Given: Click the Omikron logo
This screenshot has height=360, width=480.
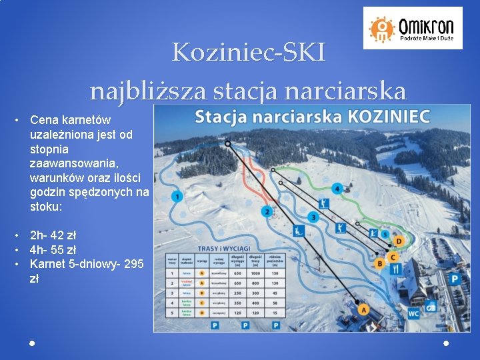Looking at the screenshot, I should point(413,28).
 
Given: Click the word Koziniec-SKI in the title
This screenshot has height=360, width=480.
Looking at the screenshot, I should point(249,52).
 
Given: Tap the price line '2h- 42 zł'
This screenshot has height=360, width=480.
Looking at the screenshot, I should point(53,235).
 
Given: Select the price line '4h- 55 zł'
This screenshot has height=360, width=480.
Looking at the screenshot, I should point(53,250).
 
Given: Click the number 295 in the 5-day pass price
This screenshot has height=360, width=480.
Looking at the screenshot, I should point(133,264).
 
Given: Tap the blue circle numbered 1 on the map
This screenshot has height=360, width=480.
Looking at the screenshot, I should point(177,196).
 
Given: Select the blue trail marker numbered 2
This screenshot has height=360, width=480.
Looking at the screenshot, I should point(267,212).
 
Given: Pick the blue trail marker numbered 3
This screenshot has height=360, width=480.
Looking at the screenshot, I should point(313,217).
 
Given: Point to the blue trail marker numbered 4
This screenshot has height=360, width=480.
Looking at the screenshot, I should point(338,189).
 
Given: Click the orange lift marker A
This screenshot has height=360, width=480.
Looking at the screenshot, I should point(363,309).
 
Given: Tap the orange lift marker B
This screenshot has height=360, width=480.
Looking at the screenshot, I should point(380,264).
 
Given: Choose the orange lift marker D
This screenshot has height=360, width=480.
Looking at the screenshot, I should point(399,241).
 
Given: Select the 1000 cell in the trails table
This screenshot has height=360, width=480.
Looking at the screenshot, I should point(255,273).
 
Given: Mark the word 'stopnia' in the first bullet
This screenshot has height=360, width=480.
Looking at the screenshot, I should point(48,149).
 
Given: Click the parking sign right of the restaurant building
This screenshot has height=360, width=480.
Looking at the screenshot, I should point(455,279).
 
